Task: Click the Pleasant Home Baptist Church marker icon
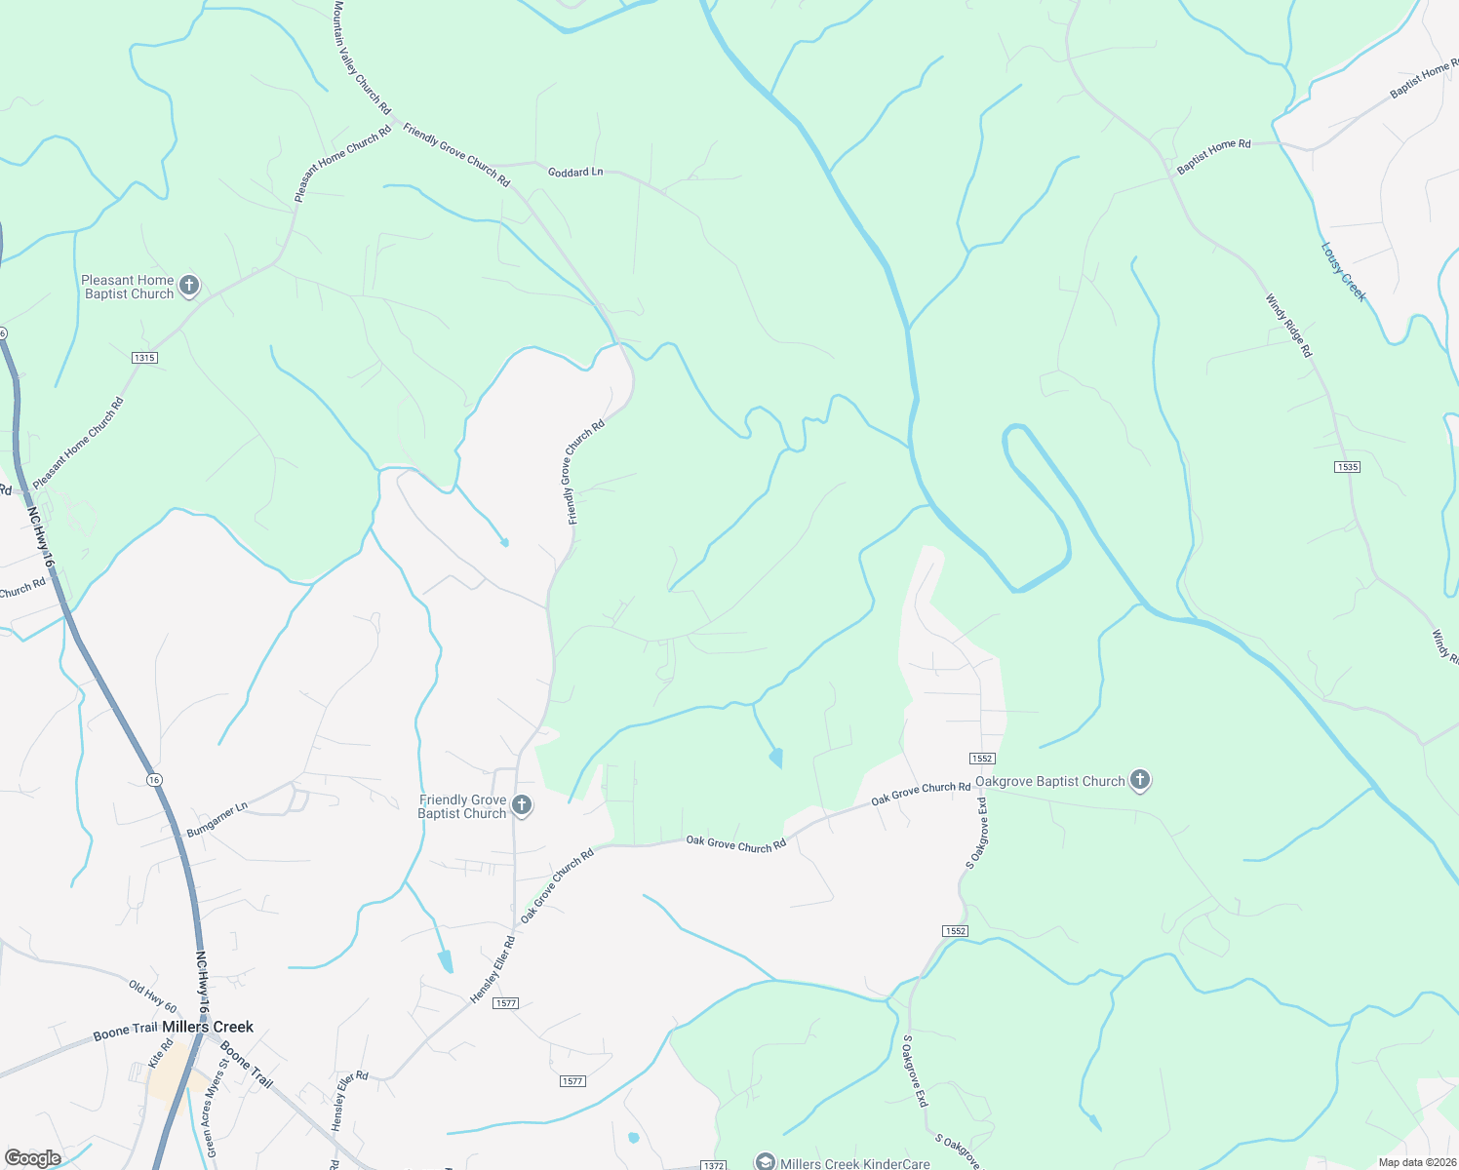[190, 286]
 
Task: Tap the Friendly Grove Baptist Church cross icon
[522, 805]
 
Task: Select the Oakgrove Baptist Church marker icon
[1139, 780]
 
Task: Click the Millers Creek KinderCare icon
[766, 1162]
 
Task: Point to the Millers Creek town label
[208, 1027]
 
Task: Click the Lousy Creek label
[1344, 272]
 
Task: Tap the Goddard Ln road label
[575, 172]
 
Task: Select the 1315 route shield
[144, 358]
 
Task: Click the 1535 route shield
[1347, 467]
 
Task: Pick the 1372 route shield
[714, 1165]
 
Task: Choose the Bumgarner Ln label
[217, 820]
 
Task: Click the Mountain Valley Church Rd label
[361, 57]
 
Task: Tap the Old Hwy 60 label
[153, 996]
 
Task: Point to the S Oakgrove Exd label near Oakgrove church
[976, 833]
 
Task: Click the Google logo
[32, 1158]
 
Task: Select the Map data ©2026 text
[1415, 1162]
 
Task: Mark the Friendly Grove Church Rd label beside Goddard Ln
[456, 155]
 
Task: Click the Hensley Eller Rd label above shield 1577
[493, 970]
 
